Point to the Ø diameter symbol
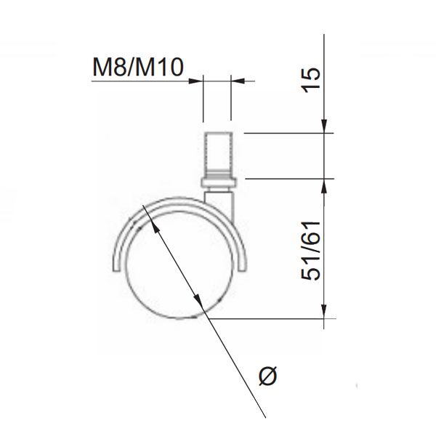point(267,376)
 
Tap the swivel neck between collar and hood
point(219,194)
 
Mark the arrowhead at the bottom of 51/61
point(324,311)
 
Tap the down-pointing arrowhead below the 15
point(324,126)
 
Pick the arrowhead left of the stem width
point(196,81)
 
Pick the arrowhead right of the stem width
point(238,81)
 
